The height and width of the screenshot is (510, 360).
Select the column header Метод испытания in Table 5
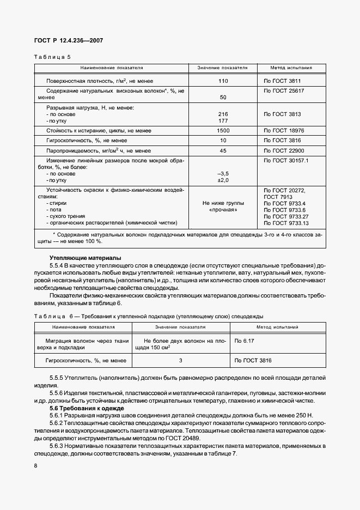tap(291, 68)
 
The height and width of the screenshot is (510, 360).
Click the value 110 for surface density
tap(222, 81)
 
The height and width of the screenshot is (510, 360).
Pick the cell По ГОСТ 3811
tap(282, 81)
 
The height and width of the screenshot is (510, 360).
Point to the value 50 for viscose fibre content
tap(222, 97)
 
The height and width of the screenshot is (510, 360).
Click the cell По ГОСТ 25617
tap(284, 89)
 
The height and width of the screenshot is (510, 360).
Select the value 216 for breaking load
tap(222, 114)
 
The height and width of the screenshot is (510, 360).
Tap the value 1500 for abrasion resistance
tap(223, 131)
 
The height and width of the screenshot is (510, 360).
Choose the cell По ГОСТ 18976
tap(284, 131)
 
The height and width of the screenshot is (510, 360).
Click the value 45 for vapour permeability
tap(222, 150)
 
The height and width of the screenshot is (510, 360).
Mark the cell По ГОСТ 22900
tap(284, 150)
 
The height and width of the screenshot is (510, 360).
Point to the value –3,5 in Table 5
tap(222, 173)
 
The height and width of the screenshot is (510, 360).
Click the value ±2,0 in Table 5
tap(223, 180)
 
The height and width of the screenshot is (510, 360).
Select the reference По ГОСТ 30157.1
tap(286, 161)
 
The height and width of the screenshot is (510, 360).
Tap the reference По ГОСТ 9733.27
tap(286, 216)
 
